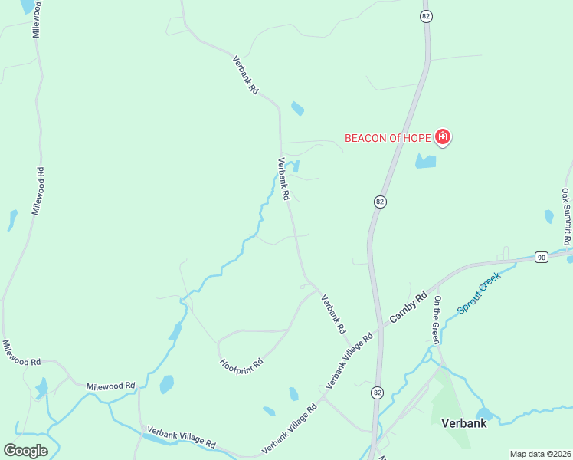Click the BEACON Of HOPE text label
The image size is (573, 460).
(388, 139)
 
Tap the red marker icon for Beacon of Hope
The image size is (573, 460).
(443, 138)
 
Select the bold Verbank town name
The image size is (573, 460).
(463, 422)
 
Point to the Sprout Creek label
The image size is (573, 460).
(479, 293)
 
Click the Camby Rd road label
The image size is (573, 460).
(408, 306)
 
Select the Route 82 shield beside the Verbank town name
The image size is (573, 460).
(376, 393)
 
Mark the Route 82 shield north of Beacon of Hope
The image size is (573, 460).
(426, 16)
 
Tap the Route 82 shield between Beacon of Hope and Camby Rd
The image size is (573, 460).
(380, 202)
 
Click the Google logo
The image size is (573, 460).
(25, 450)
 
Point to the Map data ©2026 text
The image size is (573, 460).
(540, 454)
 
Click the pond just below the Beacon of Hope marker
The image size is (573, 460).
(425, 162)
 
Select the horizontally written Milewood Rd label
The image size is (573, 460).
(110, 386)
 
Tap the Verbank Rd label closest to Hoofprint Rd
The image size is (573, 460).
(332, 314)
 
